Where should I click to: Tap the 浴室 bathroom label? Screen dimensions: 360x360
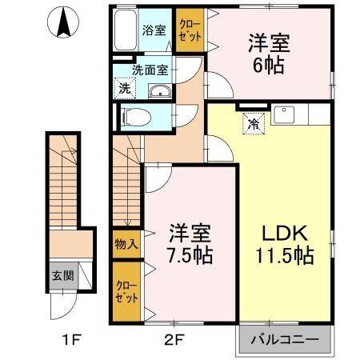point(154,30)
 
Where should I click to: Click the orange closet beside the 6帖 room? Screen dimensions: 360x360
point(189,33)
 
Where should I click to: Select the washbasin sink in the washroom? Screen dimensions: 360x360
point(160,91)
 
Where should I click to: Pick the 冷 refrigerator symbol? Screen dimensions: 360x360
point(253,125)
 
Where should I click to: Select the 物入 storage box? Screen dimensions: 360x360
point(126,243)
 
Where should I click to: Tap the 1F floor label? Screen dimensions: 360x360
point(71,340)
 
